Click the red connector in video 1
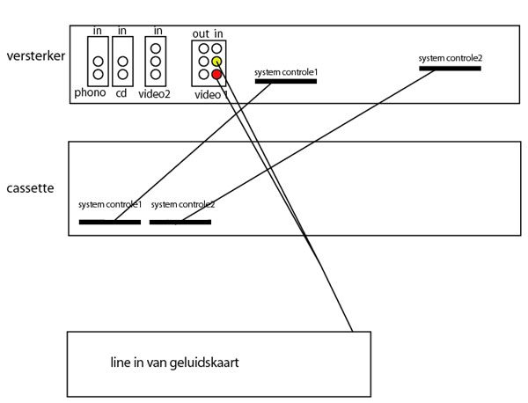pyautogui.click(x=216, y=75)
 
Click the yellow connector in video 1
pyautogui.click(x=216, y=62)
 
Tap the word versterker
pyautogui.click(x=36, y=56)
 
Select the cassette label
pyautogui.click(x=30, y=188)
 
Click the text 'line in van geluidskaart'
pyautogui.click(x=174, y=363)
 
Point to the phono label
pyautogui.click(x=90, y=92)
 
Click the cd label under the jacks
pyautogui.click(x=121, y=92)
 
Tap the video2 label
pyautogui.click(x=154, y=94)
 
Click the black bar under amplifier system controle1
pyautogui.click(x=286, y=81)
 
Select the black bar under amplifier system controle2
pyautogui.click(x=451, y=69)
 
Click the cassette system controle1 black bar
pyautogui.click(x=110, y=222)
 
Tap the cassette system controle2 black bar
pyautogui.click(x=180, y=222)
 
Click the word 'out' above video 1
pyautogui.click(x=201, y=34)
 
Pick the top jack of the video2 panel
pyautogui.click(x=156, y=48)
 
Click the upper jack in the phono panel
pyautogui.click(x=98, y=62)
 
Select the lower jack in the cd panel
pyautogui.click(x=123, y=74)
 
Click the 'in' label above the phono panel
pyautogui.click(x=98, y=31)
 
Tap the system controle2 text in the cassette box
pyautogui.click(x=183, y=204)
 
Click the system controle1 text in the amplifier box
pyautogui.click(x=286, y=72)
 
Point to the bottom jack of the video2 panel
pyautogui.click(x=156, y=74)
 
